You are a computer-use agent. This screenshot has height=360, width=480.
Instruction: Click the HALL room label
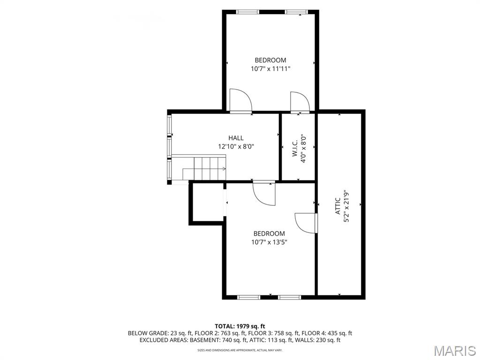[236, 138]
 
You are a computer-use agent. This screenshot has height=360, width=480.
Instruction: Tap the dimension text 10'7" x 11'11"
[270, 68]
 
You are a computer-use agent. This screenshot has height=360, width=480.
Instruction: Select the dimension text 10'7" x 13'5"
[269, 242]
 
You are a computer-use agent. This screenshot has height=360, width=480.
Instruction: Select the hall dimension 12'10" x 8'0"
[236, 146]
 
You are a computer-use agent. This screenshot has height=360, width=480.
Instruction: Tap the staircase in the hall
[204, 168]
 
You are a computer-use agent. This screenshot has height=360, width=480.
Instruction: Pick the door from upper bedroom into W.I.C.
[299, 102]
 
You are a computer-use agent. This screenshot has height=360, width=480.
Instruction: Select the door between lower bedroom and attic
[306, 223]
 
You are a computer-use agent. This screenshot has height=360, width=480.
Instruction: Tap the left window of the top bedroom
[247, 12]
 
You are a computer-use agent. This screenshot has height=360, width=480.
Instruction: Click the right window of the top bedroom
[296, 12]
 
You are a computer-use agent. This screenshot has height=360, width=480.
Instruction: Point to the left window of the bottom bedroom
[248, 297]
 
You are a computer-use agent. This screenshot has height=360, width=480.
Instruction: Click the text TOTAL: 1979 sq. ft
[240, 326]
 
